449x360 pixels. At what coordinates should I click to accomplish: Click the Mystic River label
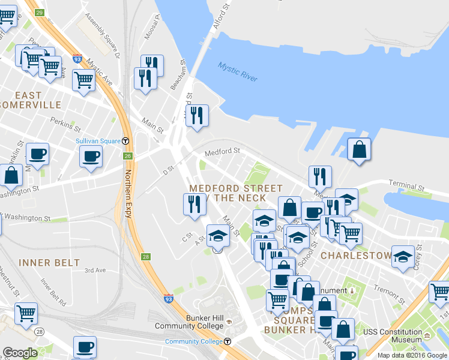tap(238, 72)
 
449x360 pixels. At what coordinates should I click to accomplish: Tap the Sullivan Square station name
tap(98, 141)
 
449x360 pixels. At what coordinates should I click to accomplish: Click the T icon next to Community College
tap(228, 341)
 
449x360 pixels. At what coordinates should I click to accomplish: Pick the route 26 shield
tap(127, 156)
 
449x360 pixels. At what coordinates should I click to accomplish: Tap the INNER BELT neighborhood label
tap(49, 263)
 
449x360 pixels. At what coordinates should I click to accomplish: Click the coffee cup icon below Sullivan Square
tap(91, 157)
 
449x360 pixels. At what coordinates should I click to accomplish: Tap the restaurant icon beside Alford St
tap(196, 115)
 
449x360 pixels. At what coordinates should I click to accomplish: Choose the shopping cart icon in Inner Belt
tap(26, 313)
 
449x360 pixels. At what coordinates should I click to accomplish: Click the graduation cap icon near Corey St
tap(403, 256)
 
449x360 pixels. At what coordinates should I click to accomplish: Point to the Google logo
tap(20, 353)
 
